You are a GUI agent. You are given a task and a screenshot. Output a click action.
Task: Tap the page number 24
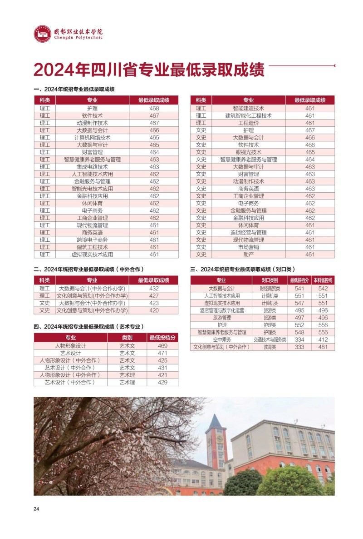tap(36, 509)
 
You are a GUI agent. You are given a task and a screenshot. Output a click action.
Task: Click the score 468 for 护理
tap(154, 108)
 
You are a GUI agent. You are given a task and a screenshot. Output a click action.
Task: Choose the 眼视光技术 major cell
tap(248, 152)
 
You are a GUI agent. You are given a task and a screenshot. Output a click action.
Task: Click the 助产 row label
tap(248, 255)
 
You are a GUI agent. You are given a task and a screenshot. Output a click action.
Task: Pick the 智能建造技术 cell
tap(248, 108)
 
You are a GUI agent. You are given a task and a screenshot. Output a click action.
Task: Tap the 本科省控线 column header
tap(323, 280)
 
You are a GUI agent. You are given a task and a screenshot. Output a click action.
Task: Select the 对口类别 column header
tap(270, 280)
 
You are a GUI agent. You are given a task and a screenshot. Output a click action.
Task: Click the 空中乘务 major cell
tap(221, 339)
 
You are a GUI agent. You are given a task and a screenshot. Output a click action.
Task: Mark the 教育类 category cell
tap(270, 347)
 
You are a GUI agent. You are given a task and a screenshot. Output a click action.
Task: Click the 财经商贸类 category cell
tap(270, 289)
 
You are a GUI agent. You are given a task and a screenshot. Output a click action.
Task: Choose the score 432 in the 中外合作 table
tap(154, 289)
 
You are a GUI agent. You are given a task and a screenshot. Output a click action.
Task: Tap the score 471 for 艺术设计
tap(162, 353)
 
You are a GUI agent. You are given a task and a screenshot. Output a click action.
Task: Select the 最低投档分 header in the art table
tap(162, 338)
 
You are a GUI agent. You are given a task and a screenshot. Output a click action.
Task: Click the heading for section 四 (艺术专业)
tap(89, 326)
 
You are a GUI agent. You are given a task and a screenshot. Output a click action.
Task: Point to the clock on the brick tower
tap(216, 439)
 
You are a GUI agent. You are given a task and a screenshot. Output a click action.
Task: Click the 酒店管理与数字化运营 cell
tap(221, 310)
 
